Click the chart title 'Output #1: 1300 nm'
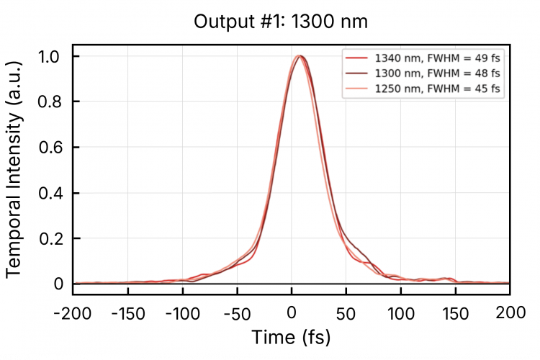pyautogui.click(x=281, y=22)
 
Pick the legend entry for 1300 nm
pyautogui.click(x=421, y=73)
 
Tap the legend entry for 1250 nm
pyautogui.click(x=421, y=89)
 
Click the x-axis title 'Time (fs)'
pyautogui.click(x=291, y=336)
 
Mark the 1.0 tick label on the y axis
pyautogui.click(x=50, y=57)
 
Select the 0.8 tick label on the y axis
pyautogui.click(x=50, y=102)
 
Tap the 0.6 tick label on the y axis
pyautogui.click(x=50, y=148)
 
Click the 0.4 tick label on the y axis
pyautogui.click(x=50, y=193)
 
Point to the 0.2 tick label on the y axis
pyautogui.click(x=50, y=238)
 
